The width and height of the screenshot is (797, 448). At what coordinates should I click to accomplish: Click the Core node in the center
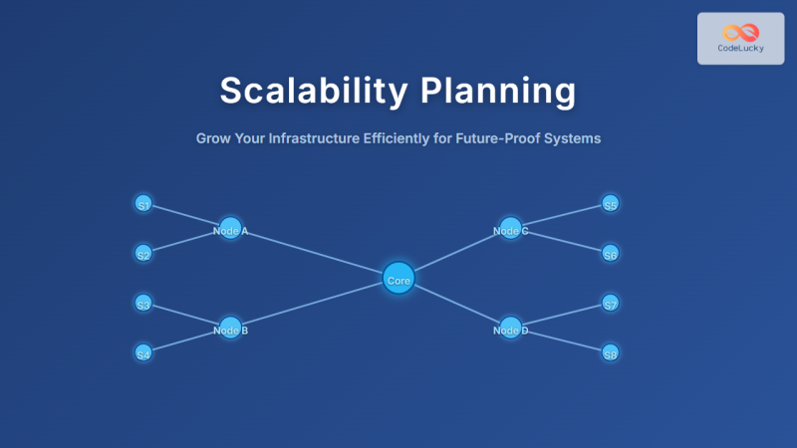[398, 280]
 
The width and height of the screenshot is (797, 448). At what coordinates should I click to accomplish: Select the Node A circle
[230, 229]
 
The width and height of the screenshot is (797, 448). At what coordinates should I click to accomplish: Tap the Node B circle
[230, 329]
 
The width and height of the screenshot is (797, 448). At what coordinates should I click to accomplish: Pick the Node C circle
[510, 229]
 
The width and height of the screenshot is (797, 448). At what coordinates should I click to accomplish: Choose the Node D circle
[510, 329]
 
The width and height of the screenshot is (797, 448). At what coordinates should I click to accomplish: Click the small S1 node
[143, 204]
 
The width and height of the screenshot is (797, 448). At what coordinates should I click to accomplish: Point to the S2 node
[143, 254]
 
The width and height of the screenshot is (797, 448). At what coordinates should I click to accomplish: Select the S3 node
[143, 304]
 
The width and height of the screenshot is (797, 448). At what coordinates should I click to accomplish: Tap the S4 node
[143, 352]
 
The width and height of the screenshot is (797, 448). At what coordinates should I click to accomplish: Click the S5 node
[611, 204]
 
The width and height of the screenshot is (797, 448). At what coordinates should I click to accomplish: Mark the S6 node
[611, 254]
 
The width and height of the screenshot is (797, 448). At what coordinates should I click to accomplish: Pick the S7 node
[611, 304]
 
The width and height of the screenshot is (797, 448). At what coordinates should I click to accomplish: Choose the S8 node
[611, 352]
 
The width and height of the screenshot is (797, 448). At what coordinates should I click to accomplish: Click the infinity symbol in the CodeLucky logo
[740, 32]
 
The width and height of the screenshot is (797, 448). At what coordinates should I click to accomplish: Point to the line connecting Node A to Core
[314, 254]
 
